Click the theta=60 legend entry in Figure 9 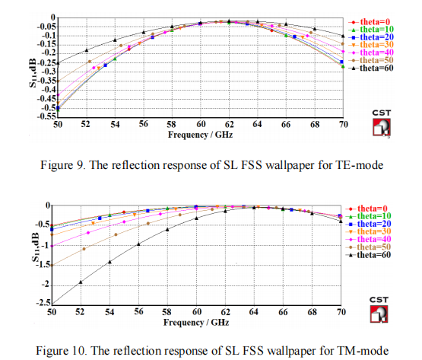pyautogui.click(x=371, y=68)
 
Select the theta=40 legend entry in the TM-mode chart pyautogui.click(x=368, y=239)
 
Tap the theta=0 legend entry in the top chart pyautogui.click(x=370, y=22)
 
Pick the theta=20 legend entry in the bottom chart pyautogui.click(x=368, y=224)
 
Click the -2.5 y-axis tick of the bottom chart pyautogui.click(x=43, y=303)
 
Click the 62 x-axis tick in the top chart pyautogui.click(x=230, y=124)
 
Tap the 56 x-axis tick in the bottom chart pyautogui.click(x=138, y=312)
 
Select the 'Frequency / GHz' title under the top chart pyautogui.click(x=200, y=135)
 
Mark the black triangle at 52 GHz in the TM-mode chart pyautogui.click(x=81, y=282)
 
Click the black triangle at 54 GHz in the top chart pyautogui.click(x=115, y=40)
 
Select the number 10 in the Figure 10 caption pyautogui.click(x=79, y=351)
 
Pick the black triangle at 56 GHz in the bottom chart pyautogui.click(x=138, y=244)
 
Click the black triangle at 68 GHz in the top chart pyautogui.click(x=315, y=29)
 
